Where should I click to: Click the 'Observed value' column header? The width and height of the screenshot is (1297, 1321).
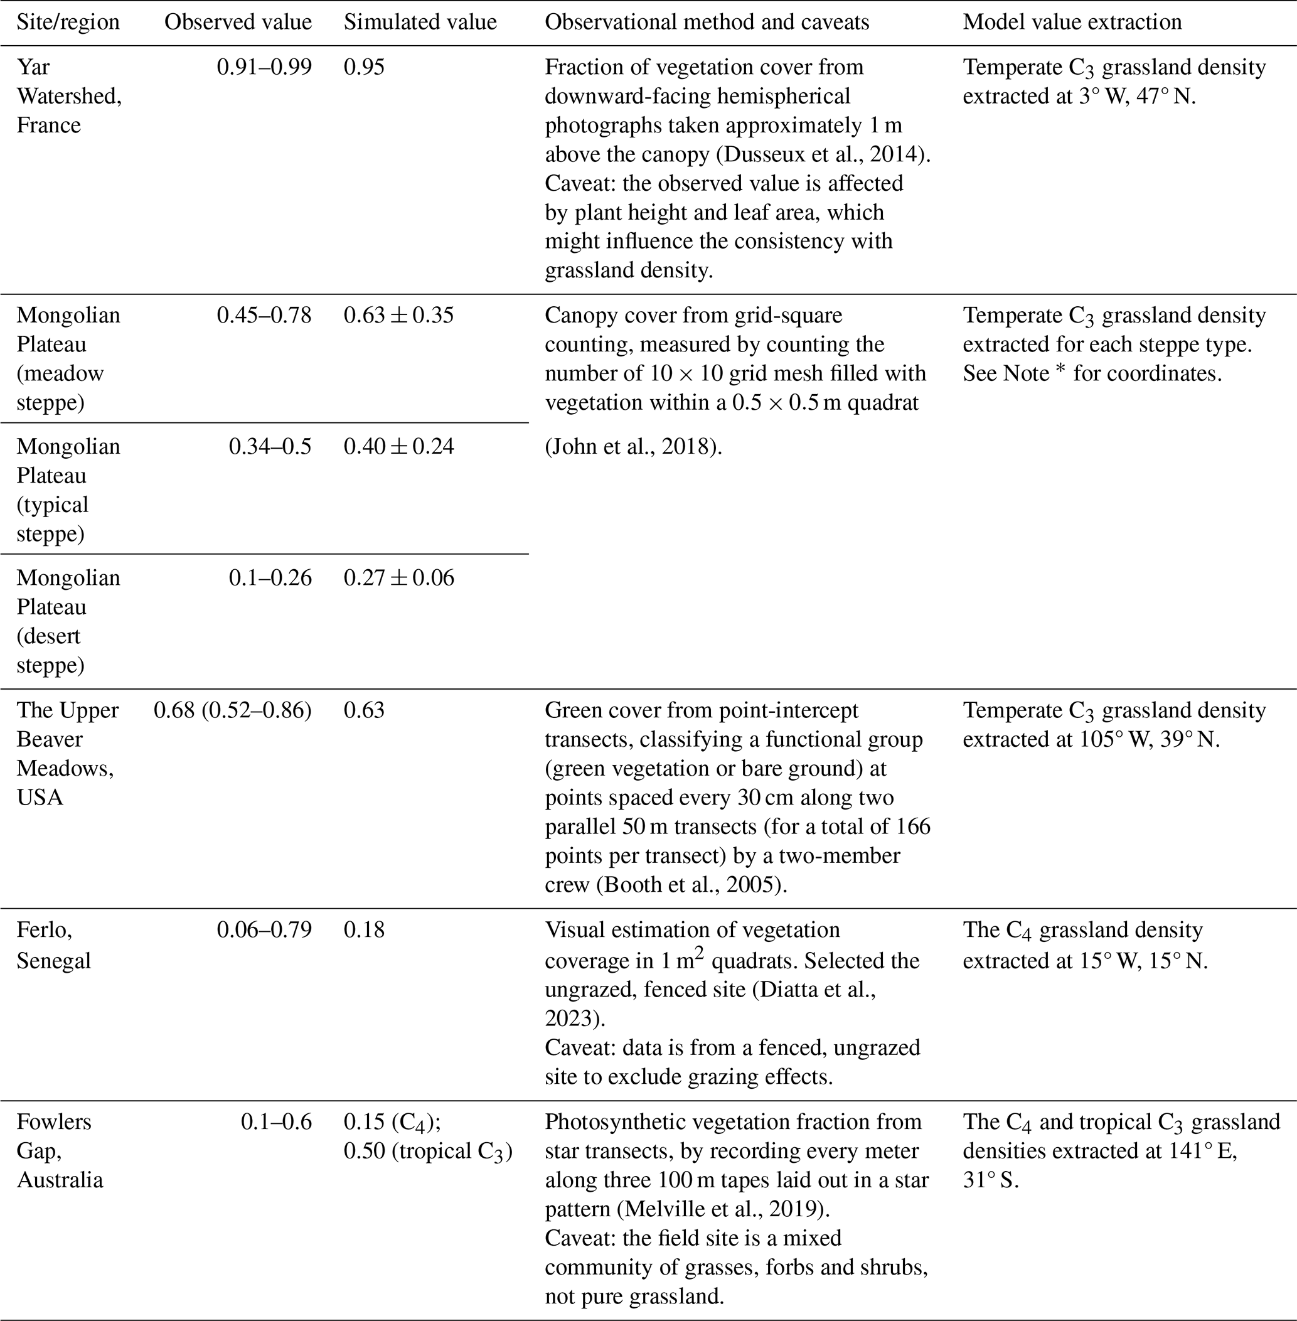(238, 23)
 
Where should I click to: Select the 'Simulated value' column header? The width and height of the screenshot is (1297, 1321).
(420, 23)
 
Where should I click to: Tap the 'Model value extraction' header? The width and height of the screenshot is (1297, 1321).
(1072, 23)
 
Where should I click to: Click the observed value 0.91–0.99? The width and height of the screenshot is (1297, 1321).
(264, 67)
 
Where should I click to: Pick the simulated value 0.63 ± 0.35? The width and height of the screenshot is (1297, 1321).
(398, 316)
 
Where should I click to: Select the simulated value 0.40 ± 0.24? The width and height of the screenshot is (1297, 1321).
(398, 447)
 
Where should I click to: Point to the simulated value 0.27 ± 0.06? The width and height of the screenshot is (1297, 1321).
(398, 579)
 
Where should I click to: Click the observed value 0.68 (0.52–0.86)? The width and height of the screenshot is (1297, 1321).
(232, 710)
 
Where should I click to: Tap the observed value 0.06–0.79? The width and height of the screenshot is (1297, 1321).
(264, 930)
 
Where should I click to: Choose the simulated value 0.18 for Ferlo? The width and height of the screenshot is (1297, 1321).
(364, 930)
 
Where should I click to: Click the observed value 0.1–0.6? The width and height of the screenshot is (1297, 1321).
(276, 1122)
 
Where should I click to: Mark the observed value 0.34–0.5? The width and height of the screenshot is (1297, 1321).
(270, 447)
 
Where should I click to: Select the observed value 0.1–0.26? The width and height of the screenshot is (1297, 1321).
(270, 579)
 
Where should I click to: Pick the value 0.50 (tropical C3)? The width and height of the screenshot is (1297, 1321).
(428, 1152)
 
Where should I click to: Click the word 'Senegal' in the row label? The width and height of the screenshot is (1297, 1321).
(54, 961)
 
